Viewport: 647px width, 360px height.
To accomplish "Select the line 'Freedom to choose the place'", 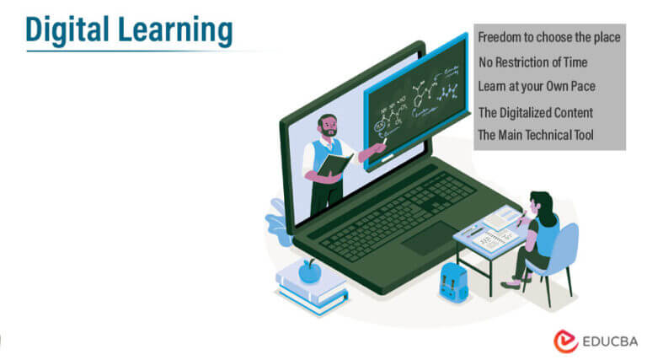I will [548, 38].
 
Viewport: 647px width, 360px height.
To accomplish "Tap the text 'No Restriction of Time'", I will [532, 62].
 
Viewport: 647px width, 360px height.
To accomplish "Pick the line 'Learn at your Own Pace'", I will [537, 86].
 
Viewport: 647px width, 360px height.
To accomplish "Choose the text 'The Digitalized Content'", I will [536, 112].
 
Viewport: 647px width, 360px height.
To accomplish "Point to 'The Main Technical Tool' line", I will [536, 135].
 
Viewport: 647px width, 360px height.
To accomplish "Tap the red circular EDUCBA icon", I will [565, 341].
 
